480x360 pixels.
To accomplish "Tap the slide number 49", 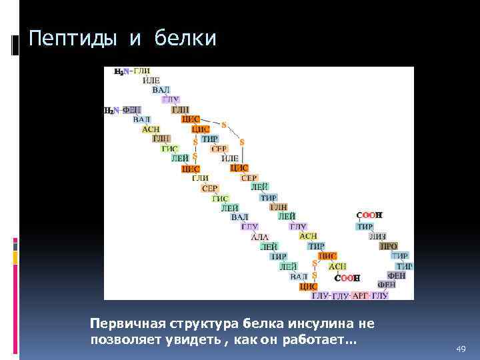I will pyautogui.click(x=460, y=349).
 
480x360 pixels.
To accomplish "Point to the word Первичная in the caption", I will pyautogui.click(x=123, y=324).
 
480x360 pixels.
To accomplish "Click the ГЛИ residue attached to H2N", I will pyautogui.click(x=141, y=71).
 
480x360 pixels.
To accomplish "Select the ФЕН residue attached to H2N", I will pyautogui.click(x=131, y=110).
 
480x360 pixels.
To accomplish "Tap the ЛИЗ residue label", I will pyautogui.click(x=378, y=236).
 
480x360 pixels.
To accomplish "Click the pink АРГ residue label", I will pyautogui.click(x=360, y=295).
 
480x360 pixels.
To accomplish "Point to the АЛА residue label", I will pyautogui.click(x=259, y=237).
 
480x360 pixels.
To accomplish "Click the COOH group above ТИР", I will pyautogui.click(x=369, y=215).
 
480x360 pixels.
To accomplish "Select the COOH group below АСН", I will pyautogui.click(x=347, y=277).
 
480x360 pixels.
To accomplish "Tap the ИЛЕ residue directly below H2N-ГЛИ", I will pyautogui.click(x=151, y=80).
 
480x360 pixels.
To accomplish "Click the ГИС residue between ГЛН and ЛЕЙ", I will pyautogui.click(x=170, y=149).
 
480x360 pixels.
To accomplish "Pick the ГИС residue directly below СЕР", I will pyautogui.click(x=220, y=198).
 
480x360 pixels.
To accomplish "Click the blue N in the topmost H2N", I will pyautogui.click(x=127, y=71).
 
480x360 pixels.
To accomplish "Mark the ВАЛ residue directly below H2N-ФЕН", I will pyautogui.click(x=141, y=119).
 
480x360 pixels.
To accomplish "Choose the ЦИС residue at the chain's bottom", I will pyautogui.click(x=308, y=286).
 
